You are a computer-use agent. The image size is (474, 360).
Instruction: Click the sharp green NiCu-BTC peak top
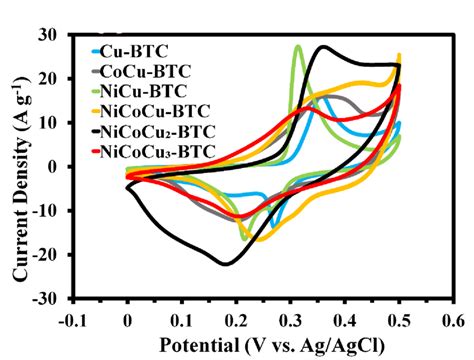point(298,46)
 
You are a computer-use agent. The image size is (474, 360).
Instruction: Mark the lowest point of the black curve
point(227,264)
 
